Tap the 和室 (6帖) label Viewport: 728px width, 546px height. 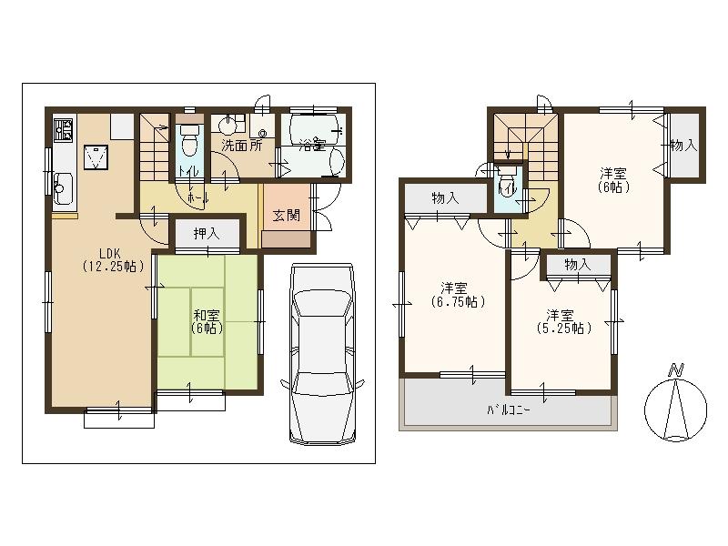206,321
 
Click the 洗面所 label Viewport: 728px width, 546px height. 242,145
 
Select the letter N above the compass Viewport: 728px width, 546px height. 675,369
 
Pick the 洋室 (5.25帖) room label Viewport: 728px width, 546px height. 561,320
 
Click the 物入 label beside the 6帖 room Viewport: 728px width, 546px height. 683,146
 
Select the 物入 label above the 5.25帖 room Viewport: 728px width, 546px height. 577,265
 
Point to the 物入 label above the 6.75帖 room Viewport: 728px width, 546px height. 445,198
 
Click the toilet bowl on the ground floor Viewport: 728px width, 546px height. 189,144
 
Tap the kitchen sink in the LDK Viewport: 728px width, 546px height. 62,188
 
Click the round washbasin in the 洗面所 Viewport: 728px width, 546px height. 228,125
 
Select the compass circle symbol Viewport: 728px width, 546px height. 675,407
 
